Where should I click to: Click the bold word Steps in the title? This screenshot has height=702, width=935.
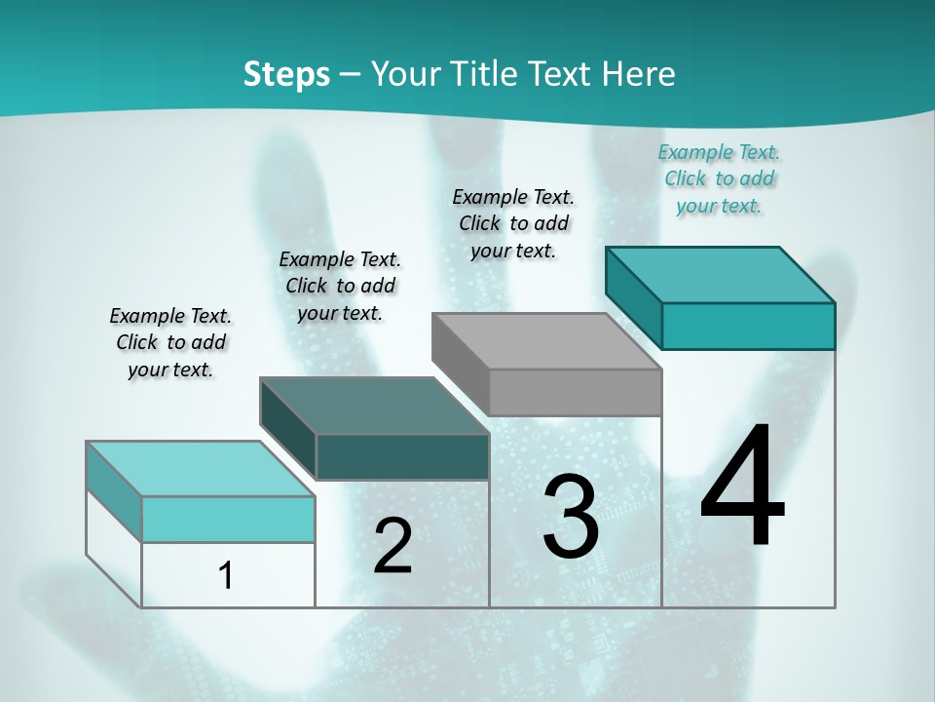tap(286, 74)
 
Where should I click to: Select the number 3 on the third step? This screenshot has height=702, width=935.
tap(571, 517)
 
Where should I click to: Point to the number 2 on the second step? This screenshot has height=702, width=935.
tap(393, 545)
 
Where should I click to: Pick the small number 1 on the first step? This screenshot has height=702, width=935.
tap(226, 575)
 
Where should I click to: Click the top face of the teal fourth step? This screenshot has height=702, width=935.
tap(721, 274)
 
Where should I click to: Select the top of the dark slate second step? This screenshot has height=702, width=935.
tap(375, 406)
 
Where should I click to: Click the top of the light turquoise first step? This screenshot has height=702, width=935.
tap(201, 469)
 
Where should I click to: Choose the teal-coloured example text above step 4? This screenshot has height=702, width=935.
tap(719, 178)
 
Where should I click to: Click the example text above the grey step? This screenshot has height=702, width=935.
tap(513, 223)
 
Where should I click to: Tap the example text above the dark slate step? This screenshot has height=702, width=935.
tap(340, 286)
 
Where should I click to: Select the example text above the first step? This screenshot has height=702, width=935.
tap(170, 342)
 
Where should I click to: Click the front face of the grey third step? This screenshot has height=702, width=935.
tap(575, 392)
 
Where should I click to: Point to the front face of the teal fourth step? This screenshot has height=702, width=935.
tap(748, 326)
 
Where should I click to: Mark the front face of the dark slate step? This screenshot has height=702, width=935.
tap(402, 456)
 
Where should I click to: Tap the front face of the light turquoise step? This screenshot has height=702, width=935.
tap(228, 519)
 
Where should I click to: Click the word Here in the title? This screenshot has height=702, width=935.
tap(640, 74)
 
